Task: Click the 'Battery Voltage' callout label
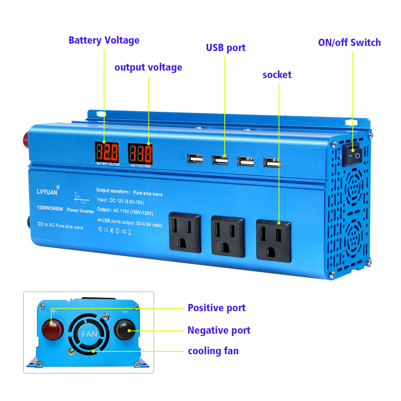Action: pos(104,40)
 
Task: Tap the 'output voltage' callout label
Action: pos(148,67)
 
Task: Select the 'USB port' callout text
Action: pos(226,48)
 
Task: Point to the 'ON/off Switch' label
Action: pos(349,43)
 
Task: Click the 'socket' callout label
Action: pos(277,75)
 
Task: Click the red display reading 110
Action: pos(140,154)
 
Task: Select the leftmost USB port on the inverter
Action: pos(195,159)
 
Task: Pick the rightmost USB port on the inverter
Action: pos(272,162)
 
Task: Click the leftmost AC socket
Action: pos(184,233)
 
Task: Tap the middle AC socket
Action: pos(228,237)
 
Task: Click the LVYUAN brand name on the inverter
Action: pos(47,192)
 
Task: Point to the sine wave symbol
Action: pos(81,198)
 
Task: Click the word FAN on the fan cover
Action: pos(89,334)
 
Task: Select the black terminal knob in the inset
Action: pos(125,330)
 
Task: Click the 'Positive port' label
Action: pos(217,308)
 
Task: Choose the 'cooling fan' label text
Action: pos(213,351)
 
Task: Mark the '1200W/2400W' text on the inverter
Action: pos(50,208)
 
